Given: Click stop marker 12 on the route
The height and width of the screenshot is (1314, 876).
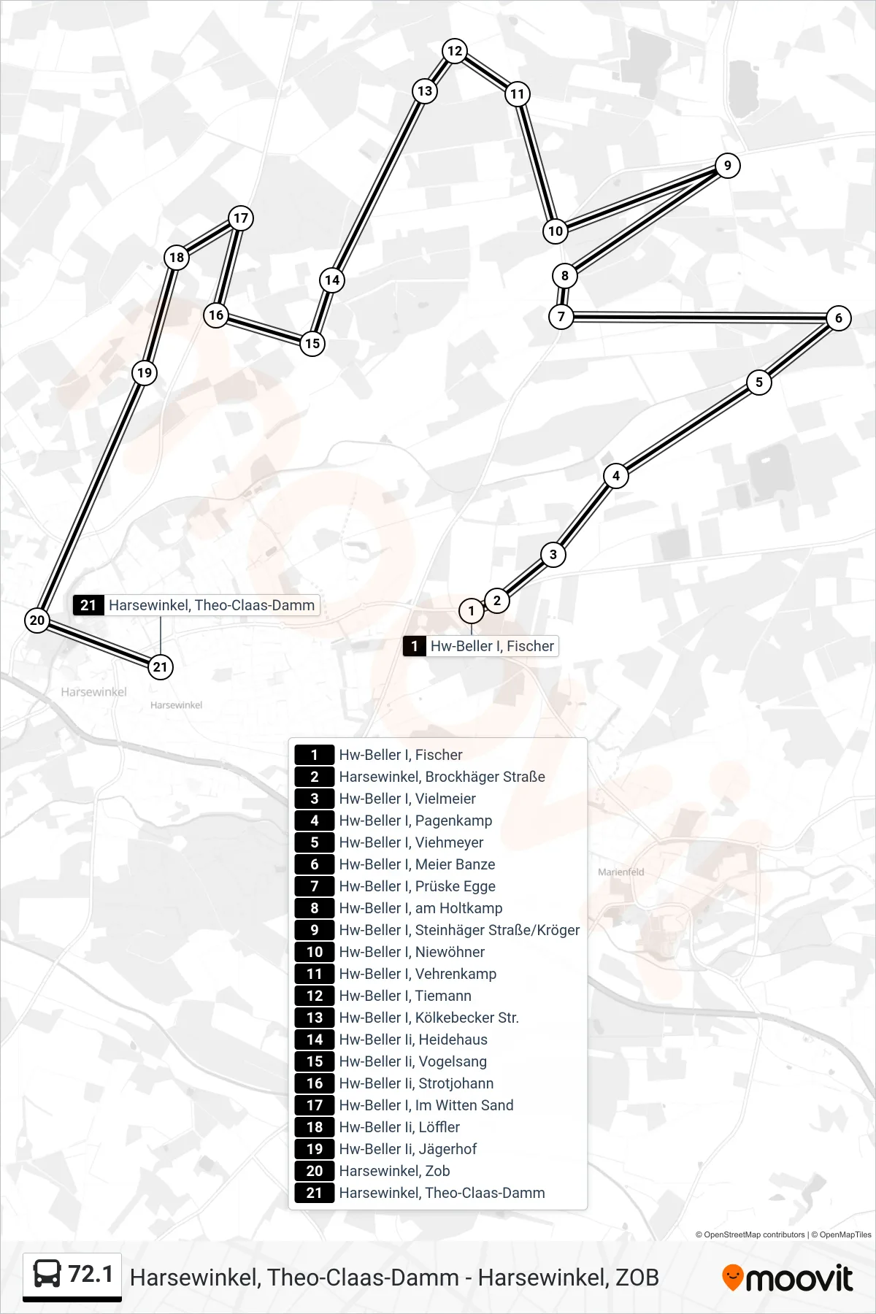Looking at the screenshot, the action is pos(455,51).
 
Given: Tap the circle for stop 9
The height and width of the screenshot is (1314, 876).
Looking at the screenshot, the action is pos(727,166).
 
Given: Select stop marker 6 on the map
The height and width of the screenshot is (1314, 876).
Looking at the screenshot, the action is pos(838,318).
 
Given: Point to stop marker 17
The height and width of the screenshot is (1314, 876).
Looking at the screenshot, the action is pos(240,218).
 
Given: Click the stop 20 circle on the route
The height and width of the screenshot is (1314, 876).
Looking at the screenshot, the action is pos(37,620).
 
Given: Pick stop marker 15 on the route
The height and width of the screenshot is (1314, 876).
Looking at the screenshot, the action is pos(312,344).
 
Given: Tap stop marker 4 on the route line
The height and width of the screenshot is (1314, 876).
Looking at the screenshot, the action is pos(616,476).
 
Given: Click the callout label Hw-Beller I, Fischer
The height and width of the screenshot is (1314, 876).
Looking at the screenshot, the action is pos(481,646).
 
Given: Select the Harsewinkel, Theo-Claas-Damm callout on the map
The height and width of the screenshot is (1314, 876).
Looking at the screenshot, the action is pos(196,605).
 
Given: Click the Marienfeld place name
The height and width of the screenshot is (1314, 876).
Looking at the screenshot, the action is pos(621,872).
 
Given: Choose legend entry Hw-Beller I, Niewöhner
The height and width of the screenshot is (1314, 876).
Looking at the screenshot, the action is pos(412,952).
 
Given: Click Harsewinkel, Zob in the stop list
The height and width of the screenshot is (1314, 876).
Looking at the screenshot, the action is pos(394,1171).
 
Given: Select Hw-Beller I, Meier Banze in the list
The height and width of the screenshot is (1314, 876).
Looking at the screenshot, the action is pos(417,864).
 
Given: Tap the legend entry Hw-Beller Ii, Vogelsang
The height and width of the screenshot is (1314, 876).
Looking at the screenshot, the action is pos(412,1061).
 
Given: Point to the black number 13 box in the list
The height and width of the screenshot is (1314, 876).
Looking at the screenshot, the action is pos(315,1018).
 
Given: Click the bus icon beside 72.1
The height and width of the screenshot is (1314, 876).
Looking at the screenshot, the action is pos(47,1275).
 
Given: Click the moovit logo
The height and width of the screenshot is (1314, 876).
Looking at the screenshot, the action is pos(788,1278).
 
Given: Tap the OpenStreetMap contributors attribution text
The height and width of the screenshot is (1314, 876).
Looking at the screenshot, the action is pos(750,1235).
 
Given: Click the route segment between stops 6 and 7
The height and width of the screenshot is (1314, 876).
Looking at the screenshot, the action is pos(699,318).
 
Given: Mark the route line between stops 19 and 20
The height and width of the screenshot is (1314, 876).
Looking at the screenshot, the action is pos(91,496).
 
